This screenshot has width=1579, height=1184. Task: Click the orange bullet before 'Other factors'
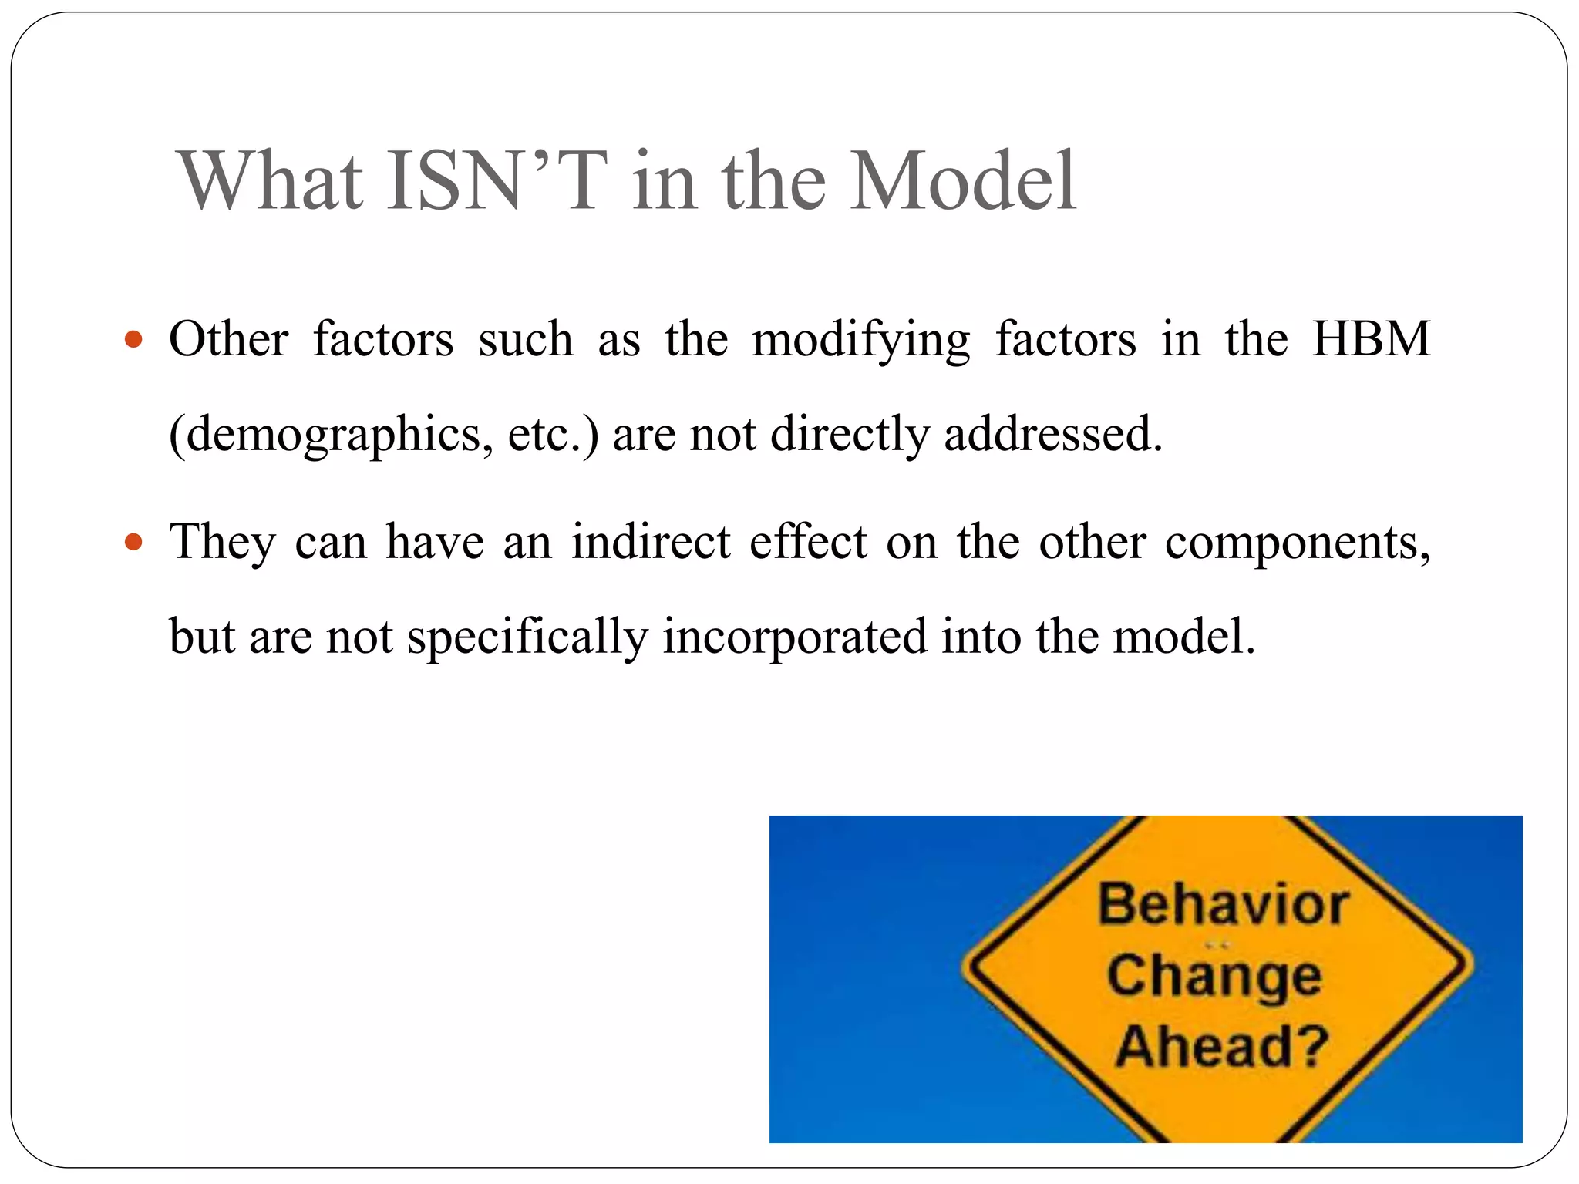pyautogui.click(x=133, y=339)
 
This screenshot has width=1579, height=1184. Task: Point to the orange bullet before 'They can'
pyautogui.click(x=133, y=542)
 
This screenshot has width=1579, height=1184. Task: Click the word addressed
pyautogui.click(x=1053, y=434)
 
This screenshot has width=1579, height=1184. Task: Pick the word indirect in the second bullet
pyautogui.click(x=651, y=542)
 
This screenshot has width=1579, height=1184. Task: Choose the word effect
pyautogui.click(x=808, y=542)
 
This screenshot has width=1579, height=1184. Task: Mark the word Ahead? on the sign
pyautogui.click(x=1222, y=1047)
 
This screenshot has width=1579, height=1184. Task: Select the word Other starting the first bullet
pyautogui.click(x=229, y=339)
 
